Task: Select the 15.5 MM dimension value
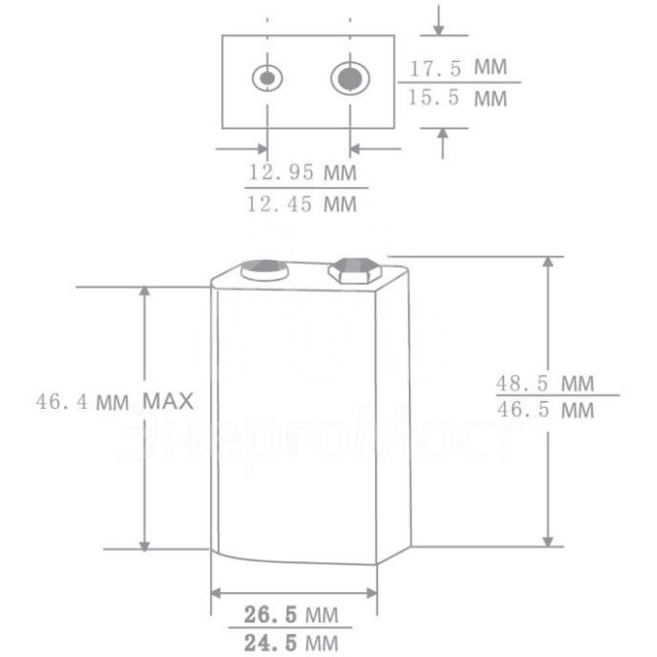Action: point(457,99)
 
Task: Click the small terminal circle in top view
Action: point(266,78)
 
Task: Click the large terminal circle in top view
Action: point(347,78)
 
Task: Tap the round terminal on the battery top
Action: point(264,269)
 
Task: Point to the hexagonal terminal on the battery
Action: point(353,270)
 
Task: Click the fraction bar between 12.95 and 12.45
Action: point(305,187)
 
